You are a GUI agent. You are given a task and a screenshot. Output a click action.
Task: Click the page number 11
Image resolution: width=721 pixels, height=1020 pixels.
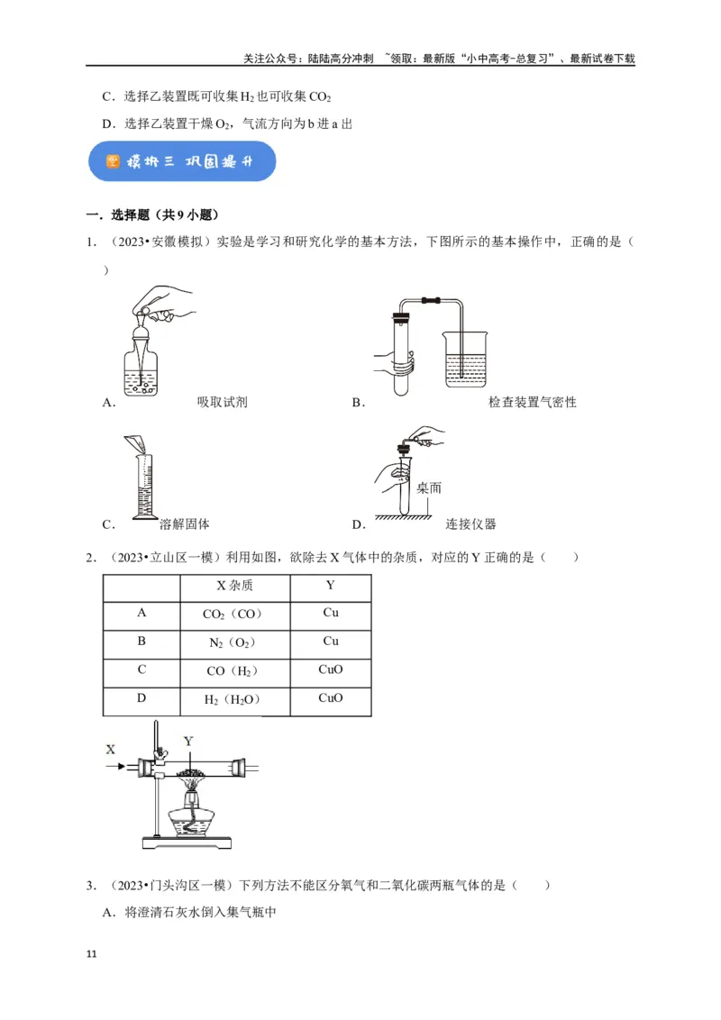click(x=89, y=953)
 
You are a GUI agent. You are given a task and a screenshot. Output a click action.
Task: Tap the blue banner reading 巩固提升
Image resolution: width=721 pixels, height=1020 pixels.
click(x=181, y=161)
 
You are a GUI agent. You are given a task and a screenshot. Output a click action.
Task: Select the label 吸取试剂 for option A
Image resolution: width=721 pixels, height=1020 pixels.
click(x=222, y=402)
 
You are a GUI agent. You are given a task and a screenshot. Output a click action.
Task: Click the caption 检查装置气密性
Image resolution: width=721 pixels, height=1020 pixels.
click(x=532, y=402)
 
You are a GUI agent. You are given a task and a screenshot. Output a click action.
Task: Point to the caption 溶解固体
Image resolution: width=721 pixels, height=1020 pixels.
click(x=184, y=524)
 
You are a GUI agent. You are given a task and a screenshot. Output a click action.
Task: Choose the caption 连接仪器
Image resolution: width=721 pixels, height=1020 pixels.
click(x=470, y=524)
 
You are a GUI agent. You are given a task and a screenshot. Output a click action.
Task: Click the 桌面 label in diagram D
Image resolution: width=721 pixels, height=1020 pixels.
click(x=429, y=487)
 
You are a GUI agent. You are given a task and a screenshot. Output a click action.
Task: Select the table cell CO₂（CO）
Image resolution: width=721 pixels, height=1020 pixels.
click(x=234, y=615)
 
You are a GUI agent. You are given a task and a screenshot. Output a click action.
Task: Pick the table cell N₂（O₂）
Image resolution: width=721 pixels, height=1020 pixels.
click(x=234, y=642)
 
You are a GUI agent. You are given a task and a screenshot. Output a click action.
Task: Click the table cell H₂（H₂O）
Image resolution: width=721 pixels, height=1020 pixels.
click(x=234, y=699)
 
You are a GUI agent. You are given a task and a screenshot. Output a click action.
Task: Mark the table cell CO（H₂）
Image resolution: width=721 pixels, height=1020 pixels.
click(x=234, y=671)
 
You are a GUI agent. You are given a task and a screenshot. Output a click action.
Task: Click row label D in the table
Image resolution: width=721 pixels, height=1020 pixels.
click(x=141, y=699)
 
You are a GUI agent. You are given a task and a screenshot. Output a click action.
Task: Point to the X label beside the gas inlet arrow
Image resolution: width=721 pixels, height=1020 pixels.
click(x=111, y=749)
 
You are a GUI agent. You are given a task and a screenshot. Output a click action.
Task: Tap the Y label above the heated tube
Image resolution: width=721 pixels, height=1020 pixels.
click(x=188, y=741)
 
